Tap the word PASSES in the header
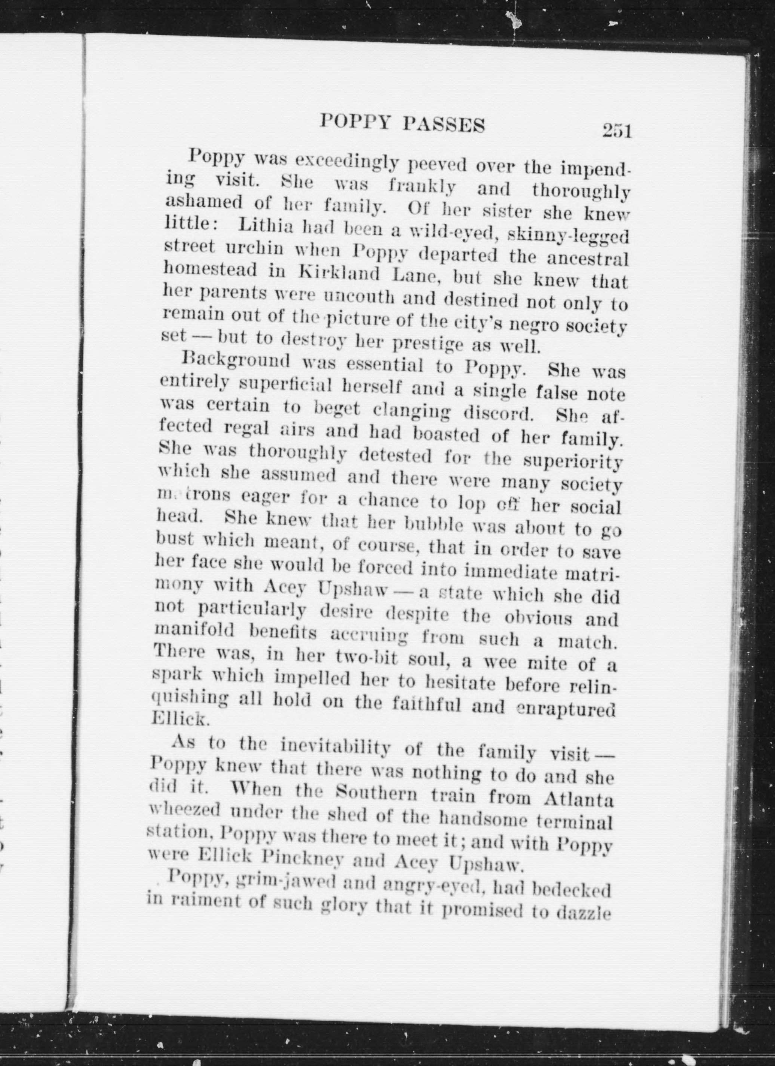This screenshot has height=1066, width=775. (444, 125)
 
